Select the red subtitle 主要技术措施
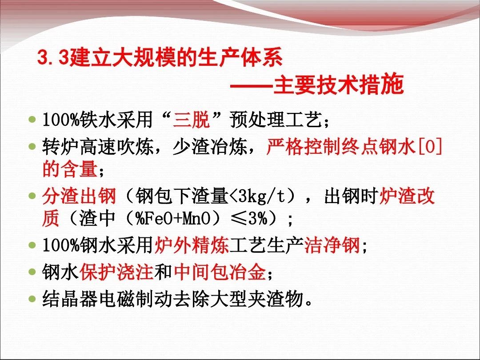click(338, 84)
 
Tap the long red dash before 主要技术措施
click(251, 85)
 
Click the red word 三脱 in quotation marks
click(192, 120)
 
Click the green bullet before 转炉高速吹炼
click(32, 146)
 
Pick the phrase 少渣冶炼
click(210, 147)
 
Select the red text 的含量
click(70, 169)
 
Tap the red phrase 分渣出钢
click(79, 196)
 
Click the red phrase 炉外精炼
click(192, 245)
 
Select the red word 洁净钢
click(332, 245)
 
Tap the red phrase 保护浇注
click(116, 272)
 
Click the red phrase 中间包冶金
click(220, 272)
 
